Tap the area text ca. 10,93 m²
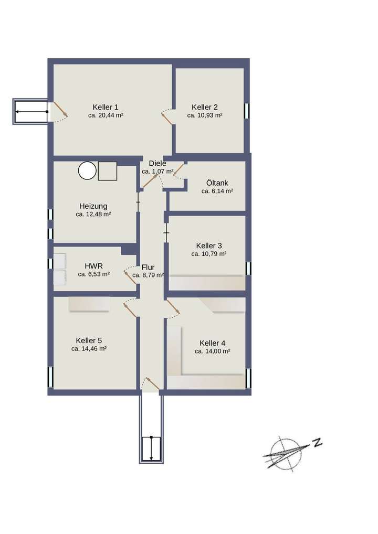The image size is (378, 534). point(205,115)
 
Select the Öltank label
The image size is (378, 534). point(217,183)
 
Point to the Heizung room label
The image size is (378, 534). point(93,206)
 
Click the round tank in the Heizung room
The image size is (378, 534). point(87,171)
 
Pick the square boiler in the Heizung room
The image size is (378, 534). point(107,171)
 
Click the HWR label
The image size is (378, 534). point(93,266)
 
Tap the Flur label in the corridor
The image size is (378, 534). point(148,266)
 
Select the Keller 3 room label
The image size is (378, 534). point(209,245)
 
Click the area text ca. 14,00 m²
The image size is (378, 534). point(212,351)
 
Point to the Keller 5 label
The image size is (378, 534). point(89,340)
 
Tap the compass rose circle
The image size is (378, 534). point(282,453)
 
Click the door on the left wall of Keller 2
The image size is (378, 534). point(167,118)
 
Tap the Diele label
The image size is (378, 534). point(157,163)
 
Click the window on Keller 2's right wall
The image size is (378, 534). point(247,111)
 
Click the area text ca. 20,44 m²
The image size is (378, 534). point(106,115)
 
